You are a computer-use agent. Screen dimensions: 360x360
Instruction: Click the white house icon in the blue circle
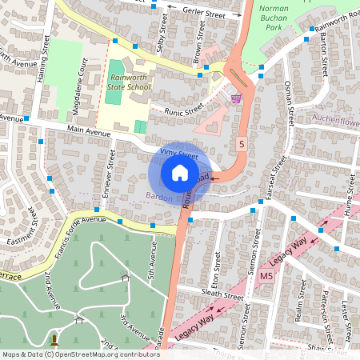(x=180, y=173)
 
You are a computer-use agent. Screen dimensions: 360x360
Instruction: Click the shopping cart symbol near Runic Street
(x=236, y=98)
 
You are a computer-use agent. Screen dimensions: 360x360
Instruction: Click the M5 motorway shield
(x=266, y=276)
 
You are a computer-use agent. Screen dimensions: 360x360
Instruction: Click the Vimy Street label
(x=178, y=151)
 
